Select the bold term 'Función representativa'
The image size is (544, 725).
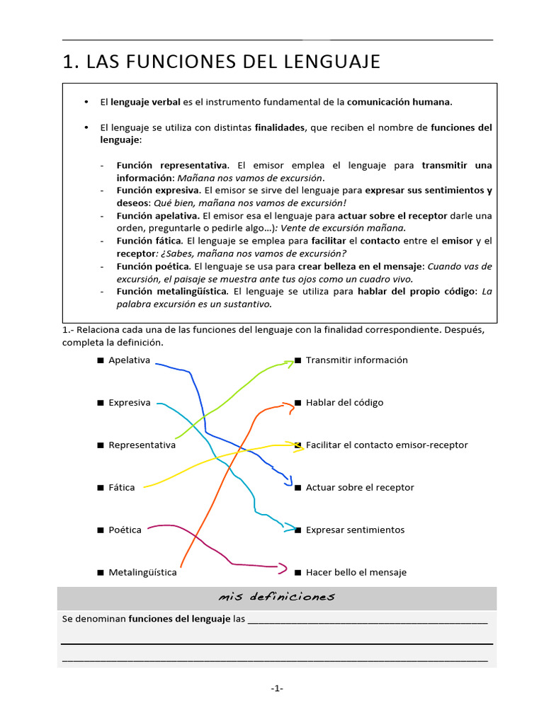(172, 165)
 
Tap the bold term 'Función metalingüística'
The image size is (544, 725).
(172, 291)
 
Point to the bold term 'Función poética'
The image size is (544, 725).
(153, 266)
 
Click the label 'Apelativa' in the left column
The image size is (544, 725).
(129, 360)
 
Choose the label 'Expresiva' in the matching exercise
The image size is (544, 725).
(129, 402)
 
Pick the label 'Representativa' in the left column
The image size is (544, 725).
(142, 445)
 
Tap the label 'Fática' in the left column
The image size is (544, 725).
(121, 487)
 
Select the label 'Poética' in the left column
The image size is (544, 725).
(125, 530)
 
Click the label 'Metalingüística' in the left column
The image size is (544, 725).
(142, 572)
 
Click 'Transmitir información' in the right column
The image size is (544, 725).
(356, 360)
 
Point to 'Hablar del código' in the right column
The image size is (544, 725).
(344, 402)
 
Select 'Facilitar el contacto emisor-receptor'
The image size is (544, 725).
(387, 445)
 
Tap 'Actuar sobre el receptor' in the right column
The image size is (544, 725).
(360, 487)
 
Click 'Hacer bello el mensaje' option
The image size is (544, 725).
(356, 572)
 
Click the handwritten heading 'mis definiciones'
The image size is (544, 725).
(276, 597)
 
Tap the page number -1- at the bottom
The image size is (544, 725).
(276, 688)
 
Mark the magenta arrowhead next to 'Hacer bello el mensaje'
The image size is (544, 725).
(283, 568)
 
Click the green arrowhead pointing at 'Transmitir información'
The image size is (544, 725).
(289, 363)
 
